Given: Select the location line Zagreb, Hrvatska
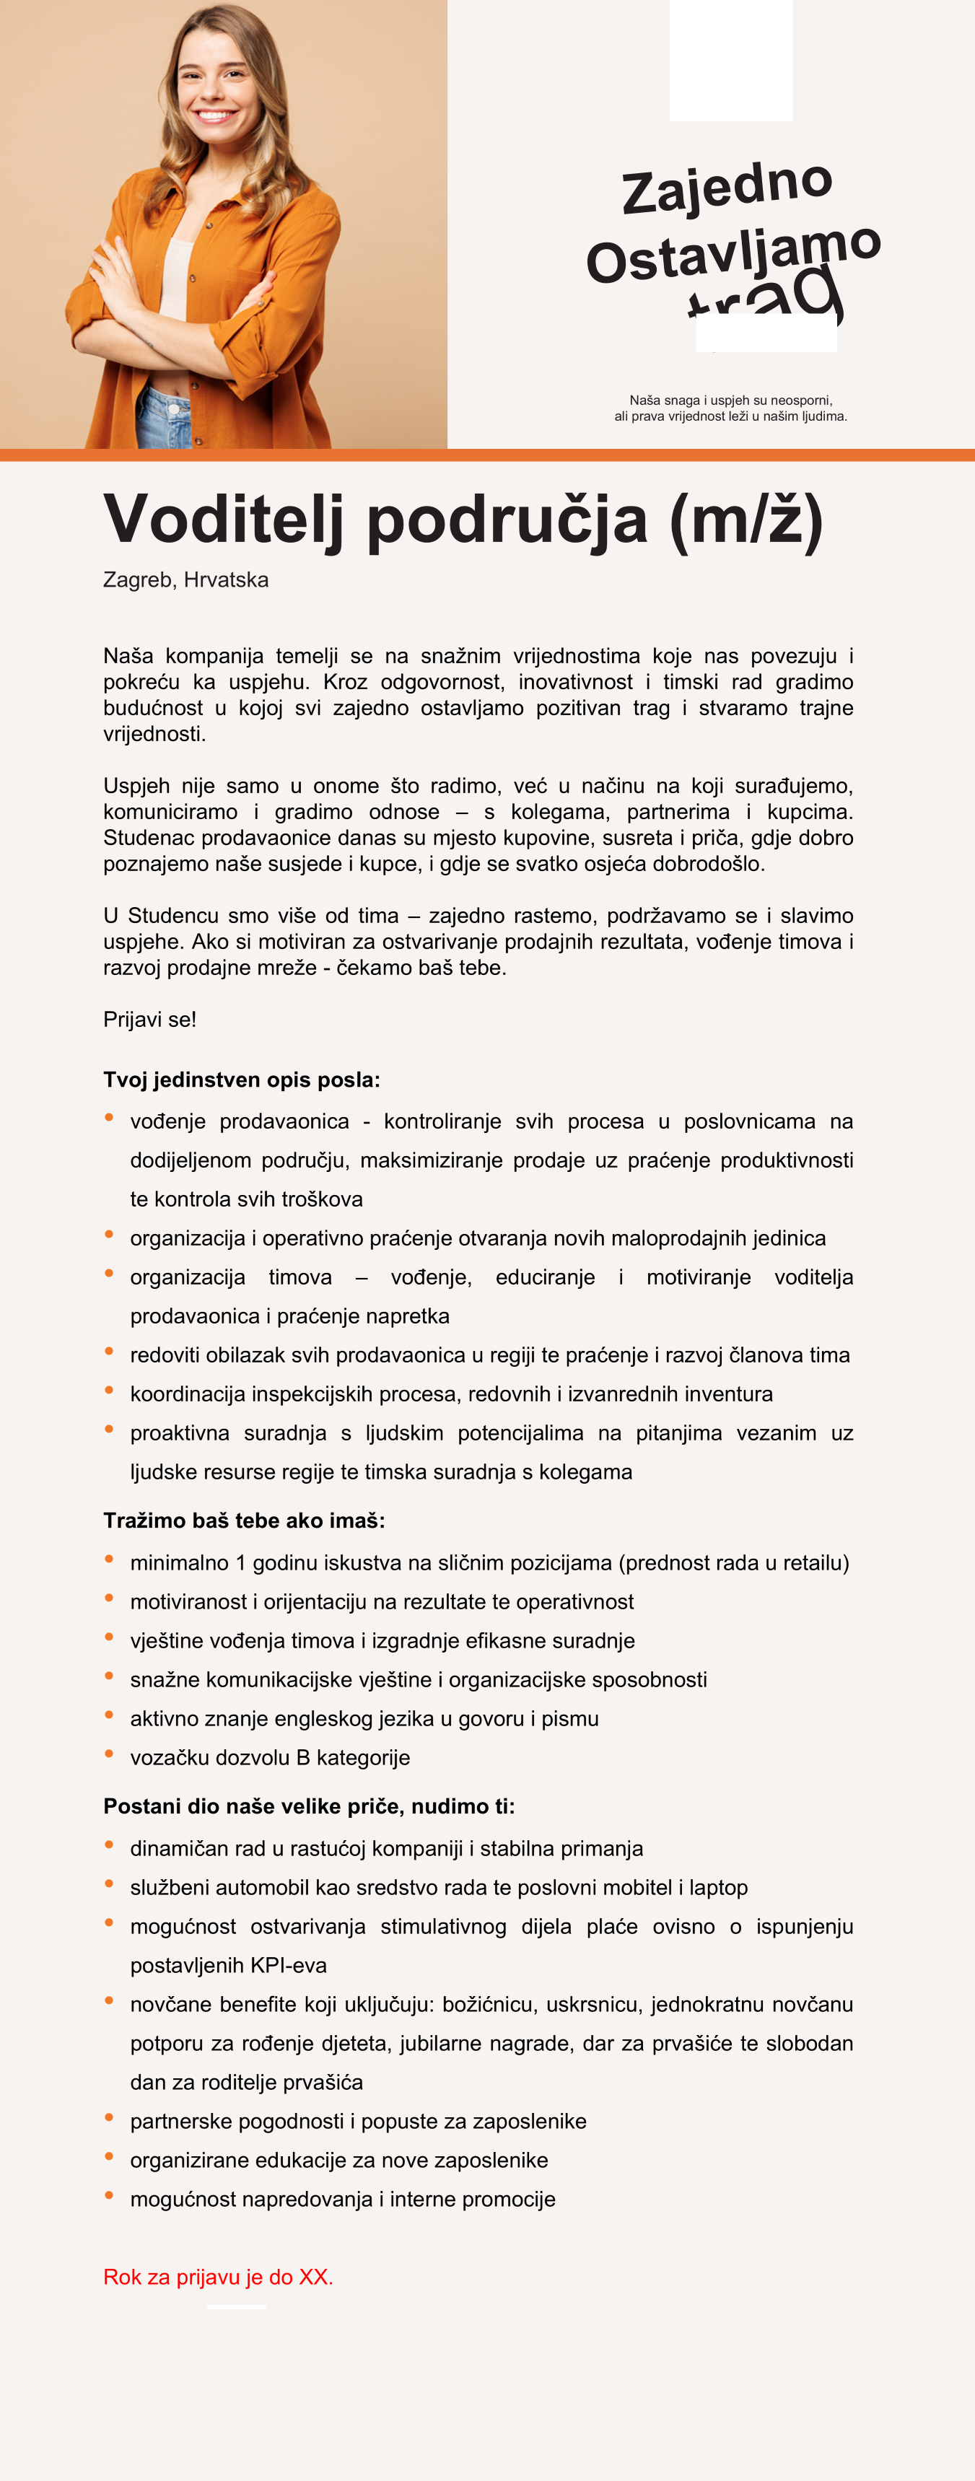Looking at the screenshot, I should coord(186,579).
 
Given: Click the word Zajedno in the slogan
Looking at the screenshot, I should coord(727,187).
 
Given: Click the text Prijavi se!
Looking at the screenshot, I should coord(149,1019).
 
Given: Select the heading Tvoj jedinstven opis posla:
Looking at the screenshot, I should coord(242,1080).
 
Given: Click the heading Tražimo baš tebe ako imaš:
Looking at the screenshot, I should coord(244,1520).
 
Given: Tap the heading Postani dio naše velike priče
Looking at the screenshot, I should coord(308,1806).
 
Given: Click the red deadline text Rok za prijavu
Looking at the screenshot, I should coord(218,2277).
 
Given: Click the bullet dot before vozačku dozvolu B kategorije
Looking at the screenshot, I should coord(109,1753).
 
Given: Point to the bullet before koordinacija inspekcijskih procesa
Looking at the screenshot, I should coord(109,1390).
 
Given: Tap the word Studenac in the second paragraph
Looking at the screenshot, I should coord(149,838).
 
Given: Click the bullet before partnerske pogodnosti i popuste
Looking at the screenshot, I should coord(109,2117).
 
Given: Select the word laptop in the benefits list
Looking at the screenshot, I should coord(718,1887).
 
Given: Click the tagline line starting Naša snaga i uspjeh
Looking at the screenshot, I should coord(730,400).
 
